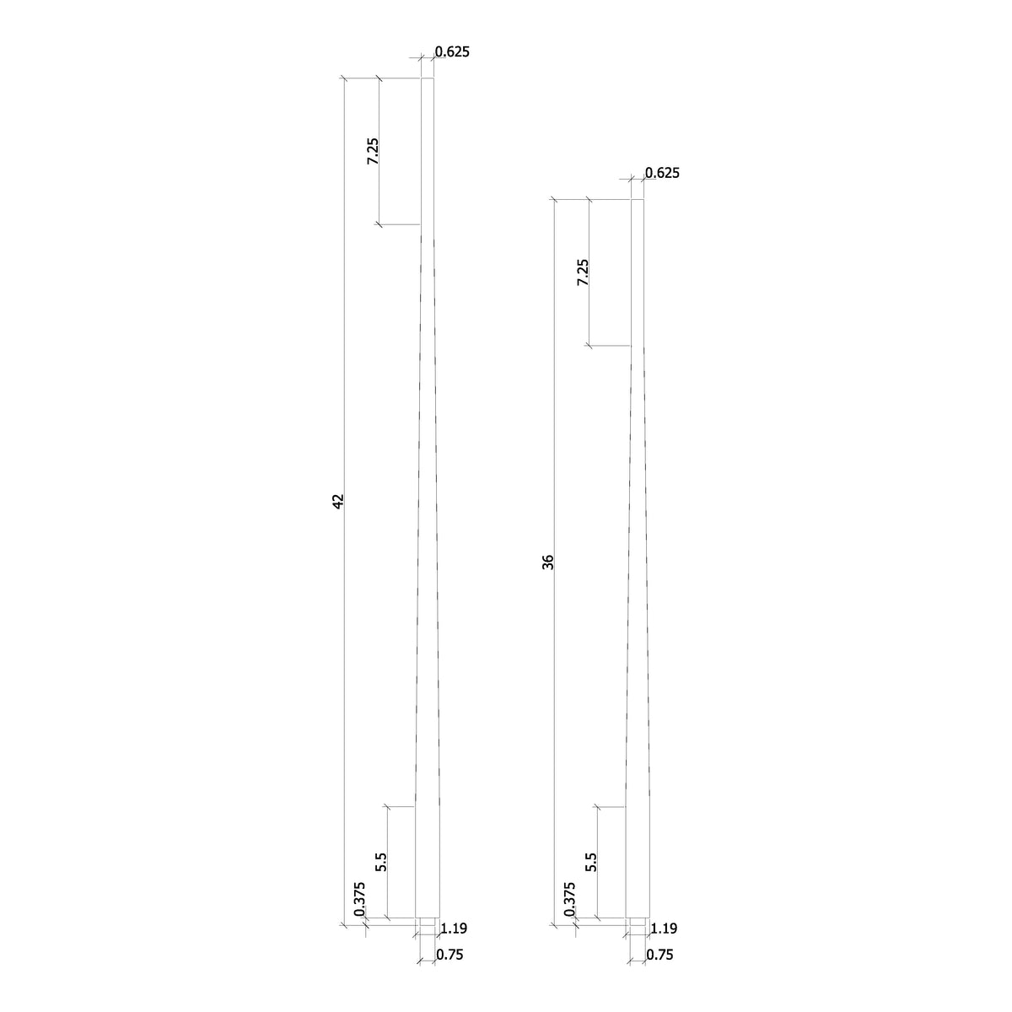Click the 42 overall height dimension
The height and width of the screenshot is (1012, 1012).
[338, 501]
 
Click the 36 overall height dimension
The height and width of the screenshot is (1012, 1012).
[548, 562]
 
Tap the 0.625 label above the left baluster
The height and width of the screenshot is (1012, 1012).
[452, 51]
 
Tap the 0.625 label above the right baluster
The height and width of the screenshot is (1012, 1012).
[662, 174]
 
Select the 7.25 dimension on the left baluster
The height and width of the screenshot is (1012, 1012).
[373, 151]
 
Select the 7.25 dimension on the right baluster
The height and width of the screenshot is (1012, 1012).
[583, 272]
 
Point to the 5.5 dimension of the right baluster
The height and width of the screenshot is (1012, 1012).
[590, 862]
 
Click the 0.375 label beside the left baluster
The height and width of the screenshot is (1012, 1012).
[359, 899]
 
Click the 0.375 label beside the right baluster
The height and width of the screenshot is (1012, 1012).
[569, 899]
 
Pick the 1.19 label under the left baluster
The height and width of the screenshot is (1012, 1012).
[454, 929]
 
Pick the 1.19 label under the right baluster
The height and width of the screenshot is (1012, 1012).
[664, 929]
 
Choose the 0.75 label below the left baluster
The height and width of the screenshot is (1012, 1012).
[449, 955]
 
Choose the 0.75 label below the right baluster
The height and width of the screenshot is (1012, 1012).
[659, 955]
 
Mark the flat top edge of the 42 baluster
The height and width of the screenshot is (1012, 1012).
[428, 78]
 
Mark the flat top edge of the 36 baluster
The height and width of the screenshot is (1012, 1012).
[638, 200]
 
